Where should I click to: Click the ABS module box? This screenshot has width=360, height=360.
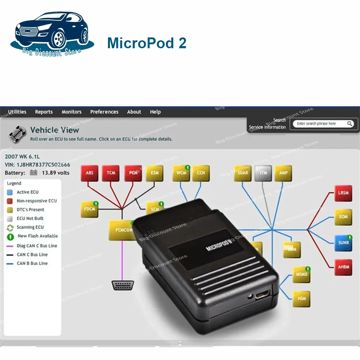[x=90, y=173]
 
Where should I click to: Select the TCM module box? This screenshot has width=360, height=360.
[x=111, y=173]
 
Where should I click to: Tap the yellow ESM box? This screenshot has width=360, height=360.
[x=155, y=173]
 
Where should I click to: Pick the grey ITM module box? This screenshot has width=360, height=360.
[x=263, y=173]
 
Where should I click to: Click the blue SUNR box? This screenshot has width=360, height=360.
[x=343, y=243]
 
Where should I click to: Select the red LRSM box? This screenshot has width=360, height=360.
[x=343, y=193]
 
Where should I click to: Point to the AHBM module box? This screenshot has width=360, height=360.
[x=343, y=267]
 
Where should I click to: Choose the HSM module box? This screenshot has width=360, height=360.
[x=302, y=298]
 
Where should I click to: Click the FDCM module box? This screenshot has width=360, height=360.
[x=89, y=210]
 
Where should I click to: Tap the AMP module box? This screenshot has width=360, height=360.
[x=283, y=173]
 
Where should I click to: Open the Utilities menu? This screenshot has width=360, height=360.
[x=17, y=112]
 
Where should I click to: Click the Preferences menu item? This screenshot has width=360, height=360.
[x=104, y=112]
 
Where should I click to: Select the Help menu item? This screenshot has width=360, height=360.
[x=155, y=112]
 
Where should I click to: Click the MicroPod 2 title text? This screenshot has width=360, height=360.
[x=147, y=43]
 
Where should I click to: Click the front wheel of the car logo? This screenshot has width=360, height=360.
[x=58, y=39]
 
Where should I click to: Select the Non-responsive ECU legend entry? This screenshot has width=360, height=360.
[x=36, y=201]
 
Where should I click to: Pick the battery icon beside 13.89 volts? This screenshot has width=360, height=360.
[x=33, y=173]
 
